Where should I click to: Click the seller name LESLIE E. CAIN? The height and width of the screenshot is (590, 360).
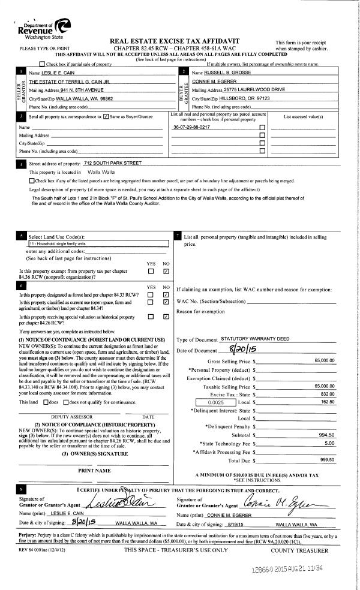[x=47, y=72]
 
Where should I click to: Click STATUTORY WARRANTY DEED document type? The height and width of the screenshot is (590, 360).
[x=254, y=339]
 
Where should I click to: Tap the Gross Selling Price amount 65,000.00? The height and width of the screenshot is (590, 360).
[x=323, y=361]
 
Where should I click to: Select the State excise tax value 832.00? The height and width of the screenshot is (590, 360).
[x=327, y=394]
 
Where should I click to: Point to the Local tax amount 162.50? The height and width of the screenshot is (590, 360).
[x=328, y=402]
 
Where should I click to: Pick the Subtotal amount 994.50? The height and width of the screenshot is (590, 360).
[x=327, y=435]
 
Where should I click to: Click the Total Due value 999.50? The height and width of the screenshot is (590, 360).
[x=327, y=460]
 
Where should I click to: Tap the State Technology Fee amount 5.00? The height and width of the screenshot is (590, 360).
[x=329, y=443]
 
